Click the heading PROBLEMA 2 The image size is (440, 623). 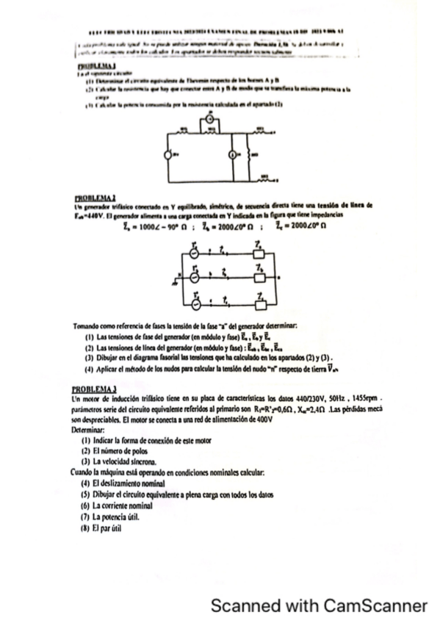pos(93,198)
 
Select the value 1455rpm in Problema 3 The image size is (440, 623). pos(367,397)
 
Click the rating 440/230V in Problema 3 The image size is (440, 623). pos(292,397)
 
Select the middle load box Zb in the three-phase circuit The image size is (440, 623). pos(258,278)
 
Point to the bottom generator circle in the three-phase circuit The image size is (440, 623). pos(195,301)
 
